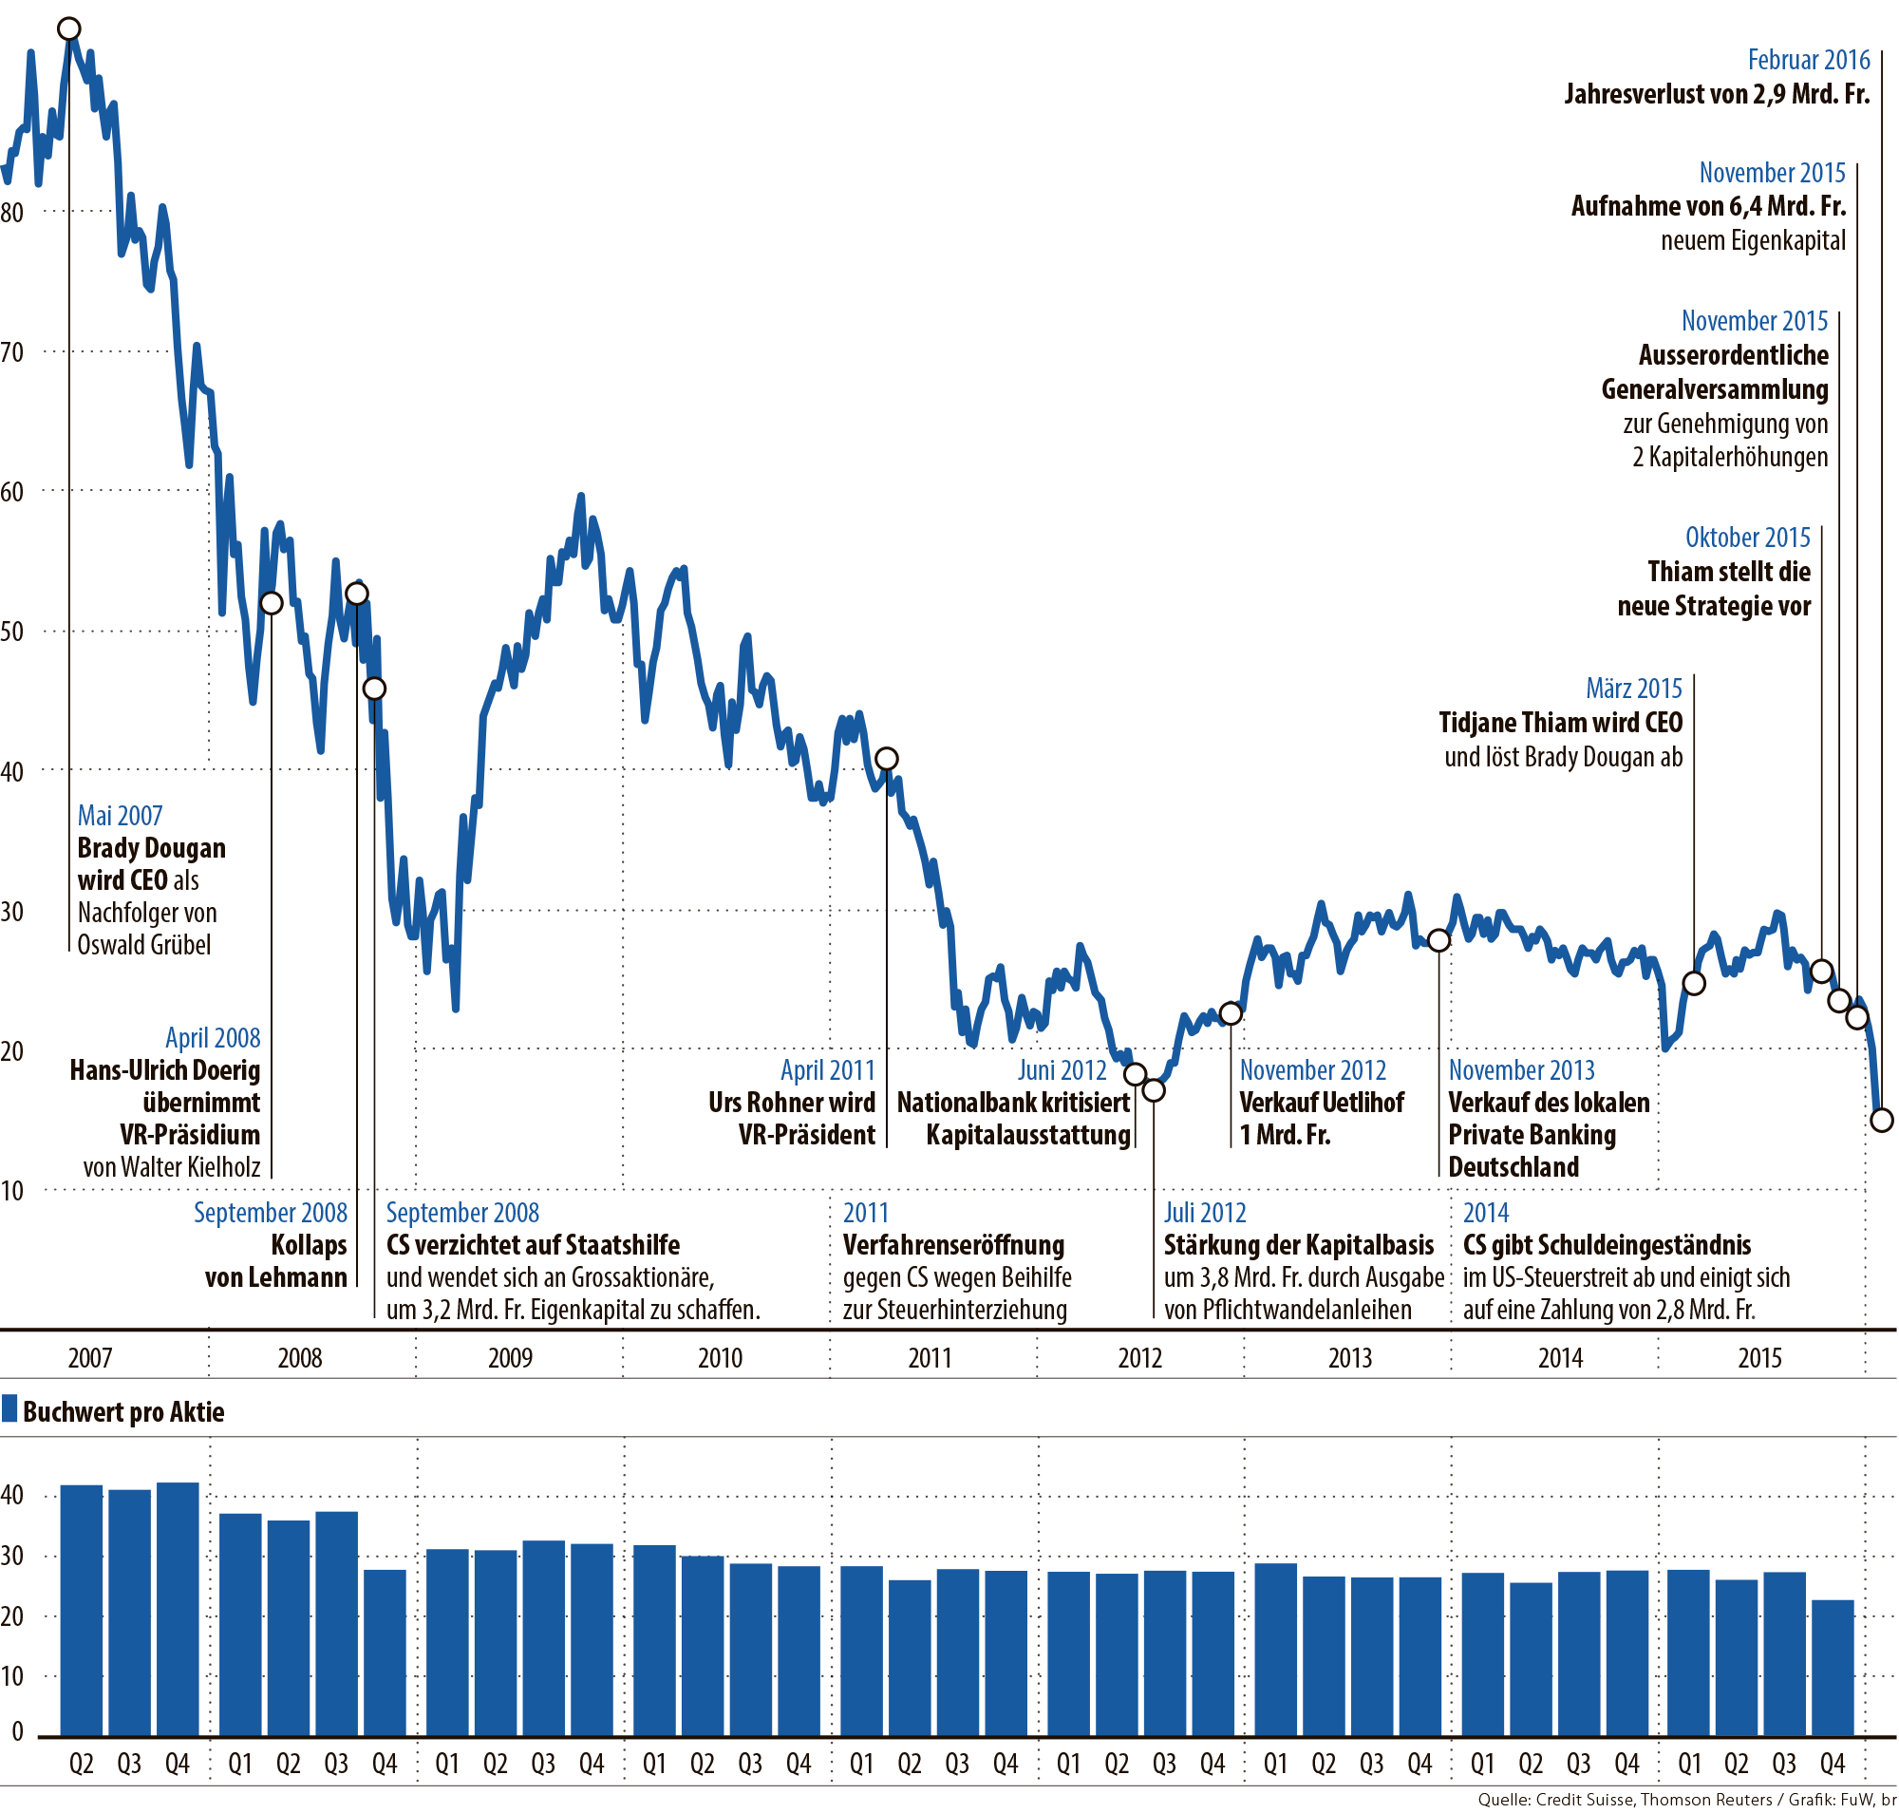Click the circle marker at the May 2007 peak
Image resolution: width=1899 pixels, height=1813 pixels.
pyautogui.click(x=68, y=29)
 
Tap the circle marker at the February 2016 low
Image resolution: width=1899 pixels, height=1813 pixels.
pyautogui.click(x=1881, y=1120)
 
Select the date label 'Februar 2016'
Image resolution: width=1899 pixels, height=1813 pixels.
pyautogui.click(x=1808, y=60)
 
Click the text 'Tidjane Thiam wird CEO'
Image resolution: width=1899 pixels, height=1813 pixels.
pyautogui.click(x=1560, y=723)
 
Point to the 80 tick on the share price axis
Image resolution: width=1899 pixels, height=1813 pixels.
pyautogui.click(x=12, y=213)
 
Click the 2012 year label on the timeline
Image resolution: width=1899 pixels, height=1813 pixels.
pyautogui.click(x=1139, y=1358)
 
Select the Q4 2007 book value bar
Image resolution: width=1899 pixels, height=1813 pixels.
pyautogui.click(x=178, y=1608)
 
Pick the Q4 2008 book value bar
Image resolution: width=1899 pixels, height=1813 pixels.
pyautogui.click(x=385, y=1652)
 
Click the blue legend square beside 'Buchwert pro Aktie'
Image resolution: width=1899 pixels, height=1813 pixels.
pyautogui.click(x=9, y=1408)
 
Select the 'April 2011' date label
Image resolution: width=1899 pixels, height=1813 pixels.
pyautogui.click(x=827, y=1069)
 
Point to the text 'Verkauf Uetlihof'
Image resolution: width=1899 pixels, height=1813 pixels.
pyautogui.click(x=1321, y=1103)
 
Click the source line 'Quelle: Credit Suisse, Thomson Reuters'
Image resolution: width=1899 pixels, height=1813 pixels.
pyautogui.click(x=1625, y=1800)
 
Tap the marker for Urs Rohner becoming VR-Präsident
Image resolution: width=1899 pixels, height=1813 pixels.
pyautogui.click(x=885, y=759)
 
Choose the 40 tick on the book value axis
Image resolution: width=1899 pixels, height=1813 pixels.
pyautogui.click(x=12, y=1495)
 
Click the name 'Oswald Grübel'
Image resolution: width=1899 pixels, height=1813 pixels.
pyautogui.click(x=144, y=944)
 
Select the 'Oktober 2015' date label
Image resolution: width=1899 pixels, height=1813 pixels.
pyautogui.click(x=1747, y=538)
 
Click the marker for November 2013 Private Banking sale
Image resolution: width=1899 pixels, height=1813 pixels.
pyautogui.click(x=1438, y=940)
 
